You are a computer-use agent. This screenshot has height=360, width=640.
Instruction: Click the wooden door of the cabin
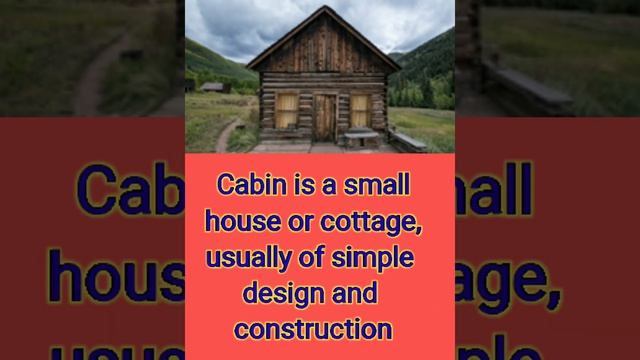[x=325, y=116]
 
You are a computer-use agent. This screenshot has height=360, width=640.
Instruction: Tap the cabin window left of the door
[x=287, y=110]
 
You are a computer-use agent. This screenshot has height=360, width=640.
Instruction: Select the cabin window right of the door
[x=360, y=110]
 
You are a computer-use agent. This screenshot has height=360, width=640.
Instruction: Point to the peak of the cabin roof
[x=320, y=9]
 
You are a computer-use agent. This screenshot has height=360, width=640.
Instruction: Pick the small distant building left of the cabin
[x=211, y=88]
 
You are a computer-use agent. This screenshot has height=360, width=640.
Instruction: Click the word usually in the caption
[x=243, y=243]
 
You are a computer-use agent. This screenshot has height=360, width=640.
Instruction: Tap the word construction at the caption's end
[x=312, y=300]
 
